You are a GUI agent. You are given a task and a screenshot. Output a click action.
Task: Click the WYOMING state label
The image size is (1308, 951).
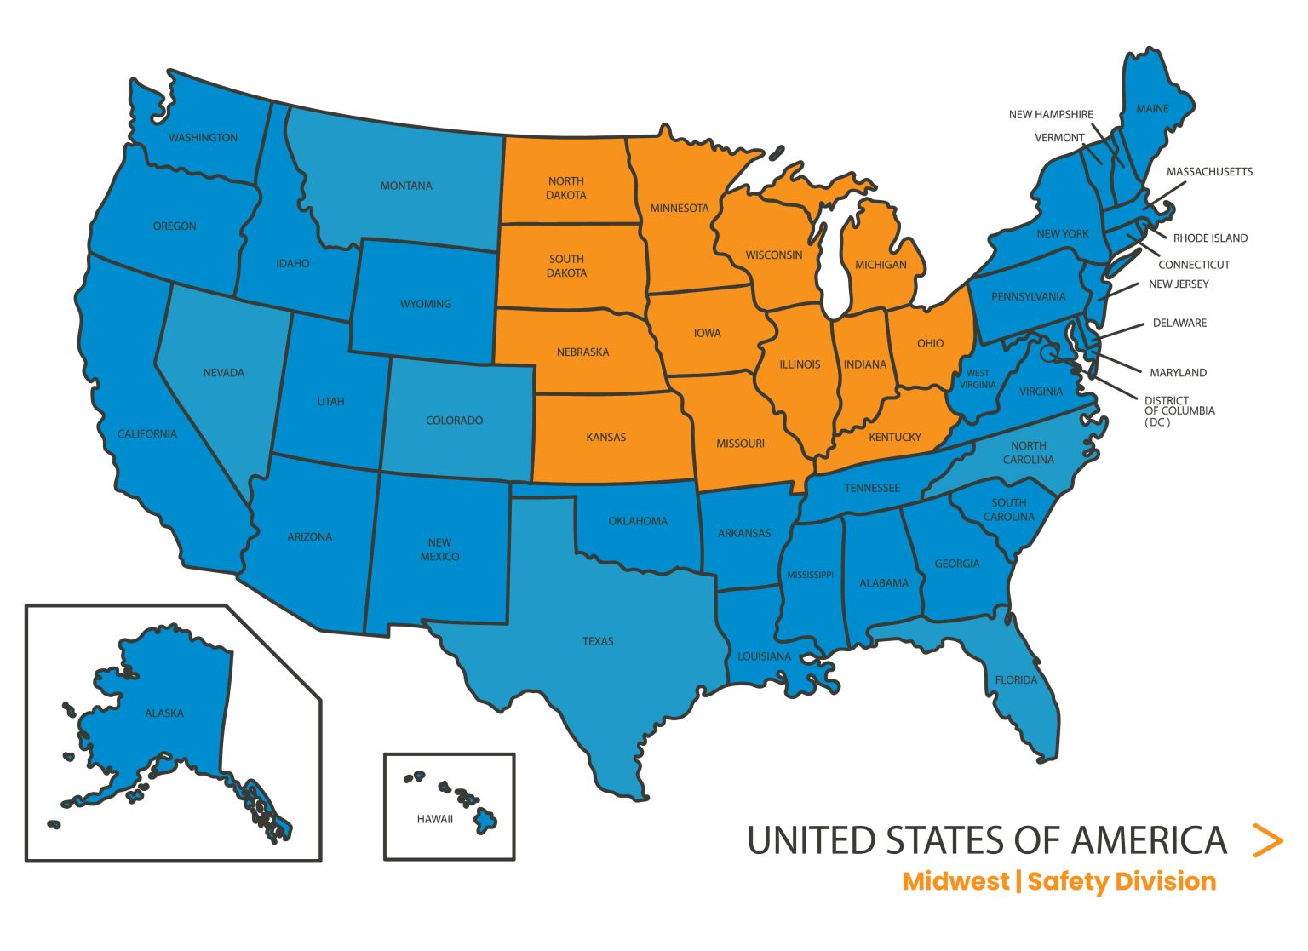(x=426, y=304)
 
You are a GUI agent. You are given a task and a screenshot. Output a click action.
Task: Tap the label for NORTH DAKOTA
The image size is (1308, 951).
(x=566, y=188)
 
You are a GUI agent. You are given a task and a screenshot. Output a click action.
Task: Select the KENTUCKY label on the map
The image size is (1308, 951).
(x=895, y=437)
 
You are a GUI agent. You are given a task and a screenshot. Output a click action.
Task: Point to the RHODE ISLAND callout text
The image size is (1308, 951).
(x=1210, y=238)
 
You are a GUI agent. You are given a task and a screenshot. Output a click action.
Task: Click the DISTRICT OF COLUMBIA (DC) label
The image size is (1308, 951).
(x=1179, y=411)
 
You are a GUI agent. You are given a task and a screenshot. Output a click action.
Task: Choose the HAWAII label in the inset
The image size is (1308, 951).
(x=435, y=819)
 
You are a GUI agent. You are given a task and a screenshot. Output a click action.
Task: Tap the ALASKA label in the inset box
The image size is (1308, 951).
(x=164, y=713)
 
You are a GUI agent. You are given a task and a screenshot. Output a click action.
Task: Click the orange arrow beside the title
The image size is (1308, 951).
(x=1268, y=840)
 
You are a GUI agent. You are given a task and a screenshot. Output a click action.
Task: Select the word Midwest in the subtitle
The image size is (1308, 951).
(x=955, y=881)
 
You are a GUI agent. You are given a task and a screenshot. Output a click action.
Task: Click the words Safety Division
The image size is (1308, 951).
(x=1122, y=881)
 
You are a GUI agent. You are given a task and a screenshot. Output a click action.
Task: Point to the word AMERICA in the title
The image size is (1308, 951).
(x=1149, y=840)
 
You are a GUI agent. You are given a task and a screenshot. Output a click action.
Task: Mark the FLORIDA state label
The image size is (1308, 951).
(x=1017, y=680)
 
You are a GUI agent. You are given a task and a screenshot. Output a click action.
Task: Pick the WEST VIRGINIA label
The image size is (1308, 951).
(x=978, y=379)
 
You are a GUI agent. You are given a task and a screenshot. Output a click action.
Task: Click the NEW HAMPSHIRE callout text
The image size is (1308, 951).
(x=1051, y=114)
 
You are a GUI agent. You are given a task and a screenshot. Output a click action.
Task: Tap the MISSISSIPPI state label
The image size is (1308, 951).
(x=810, y=575)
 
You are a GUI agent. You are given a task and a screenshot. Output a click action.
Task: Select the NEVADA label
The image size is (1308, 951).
(x=224, y=373)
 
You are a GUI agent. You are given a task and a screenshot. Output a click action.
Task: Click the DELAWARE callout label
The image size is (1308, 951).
(x=1179, y=324)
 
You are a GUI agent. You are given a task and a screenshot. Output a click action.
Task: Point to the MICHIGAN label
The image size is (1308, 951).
(x=881, y=265)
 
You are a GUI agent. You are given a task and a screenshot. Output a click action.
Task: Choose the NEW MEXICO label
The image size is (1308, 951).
(x=440, y=549)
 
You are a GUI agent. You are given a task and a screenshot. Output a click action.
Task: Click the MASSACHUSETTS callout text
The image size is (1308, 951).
(x=1209, y=172)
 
